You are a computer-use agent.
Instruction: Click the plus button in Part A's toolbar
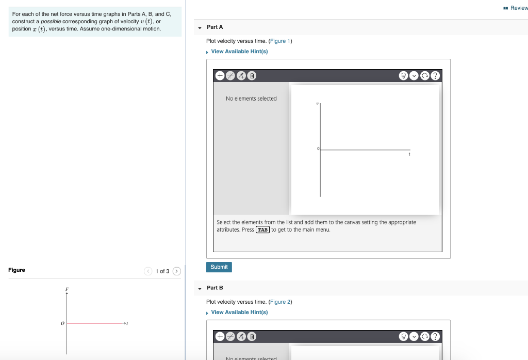[x=220, y=76]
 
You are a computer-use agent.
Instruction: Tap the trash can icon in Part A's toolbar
[x=252, y=76]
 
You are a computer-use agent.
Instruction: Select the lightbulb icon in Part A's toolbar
[x=403, y=76]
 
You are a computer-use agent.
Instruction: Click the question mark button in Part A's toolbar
[x=436, y=76]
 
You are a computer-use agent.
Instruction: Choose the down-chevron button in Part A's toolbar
[x=414, y=76]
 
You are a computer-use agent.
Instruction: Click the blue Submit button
[x=219, y=267]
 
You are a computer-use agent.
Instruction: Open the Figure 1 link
[x=280, y=41]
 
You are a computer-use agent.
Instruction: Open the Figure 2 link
[x=280, y=302]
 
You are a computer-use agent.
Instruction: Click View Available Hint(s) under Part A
[x=239, y=52]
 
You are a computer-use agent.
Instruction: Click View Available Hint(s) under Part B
[x=239, y=313]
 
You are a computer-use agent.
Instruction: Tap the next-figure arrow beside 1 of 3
[x=177, y=271]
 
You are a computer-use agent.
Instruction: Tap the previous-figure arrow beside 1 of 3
[x=148, y=271]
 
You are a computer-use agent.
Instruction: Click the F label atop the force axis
[x=67, y=289]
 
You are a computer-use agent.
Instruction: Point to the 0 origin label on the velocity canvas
[x=318, y=149]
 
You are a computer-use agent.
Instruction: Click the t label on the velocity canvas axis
[x=409, y=154]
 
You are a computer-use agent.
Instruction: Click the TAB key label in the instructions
[x=263, y=230]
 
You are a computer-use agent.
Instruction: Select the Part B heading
[x=214, y=288]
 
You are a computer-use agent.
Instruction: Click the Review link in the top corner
[x=518, y=8]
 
